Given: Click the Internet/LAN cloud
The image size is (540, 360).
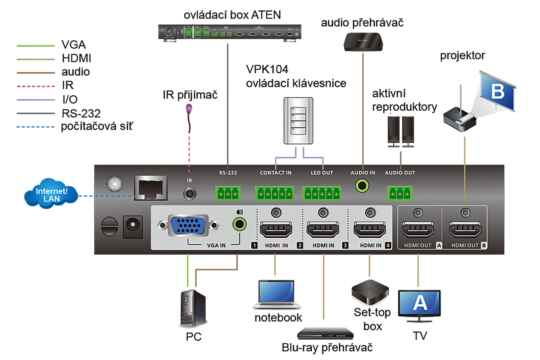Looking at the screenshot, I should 51,194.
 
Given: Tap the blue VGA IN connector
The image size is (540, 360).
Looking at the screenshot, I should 188,225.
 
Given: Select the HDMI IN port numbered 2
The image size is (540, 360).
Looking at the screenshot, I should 323,230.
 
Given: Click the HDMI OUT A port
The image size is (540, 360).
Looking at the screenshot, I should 418,230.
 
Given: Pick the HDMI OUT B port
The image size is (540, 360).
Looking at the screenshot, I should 466,230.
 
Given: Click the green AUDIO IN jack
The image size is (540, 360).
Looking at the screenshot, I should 362,186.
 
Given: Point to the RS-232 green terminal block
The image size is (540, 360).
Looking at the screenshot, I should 228,193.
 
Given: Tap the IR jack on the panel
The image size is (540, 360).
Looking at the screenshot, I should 189,193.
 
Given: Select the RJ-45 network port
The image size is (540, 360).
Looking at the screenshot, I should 150,188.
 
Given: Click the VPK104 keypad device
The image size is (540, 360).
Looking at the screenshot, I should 298,121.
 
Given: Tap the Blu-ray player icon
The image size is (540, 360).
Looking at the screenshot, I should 326,333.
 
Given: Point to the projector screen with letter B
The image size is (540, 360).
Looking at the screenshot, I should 498,91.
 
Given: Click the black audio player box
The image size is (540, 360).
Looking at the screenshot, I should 363,42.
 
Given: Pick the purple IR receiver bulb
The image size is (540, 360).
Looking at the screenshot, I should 189,109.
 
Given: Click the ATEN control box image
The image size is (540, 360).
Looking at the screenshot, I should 229,32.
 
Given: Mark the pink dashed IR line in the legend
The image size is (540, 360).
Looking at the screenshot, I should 35,86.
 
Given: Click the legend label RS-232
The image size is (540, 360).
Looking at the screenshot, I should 81,113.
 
